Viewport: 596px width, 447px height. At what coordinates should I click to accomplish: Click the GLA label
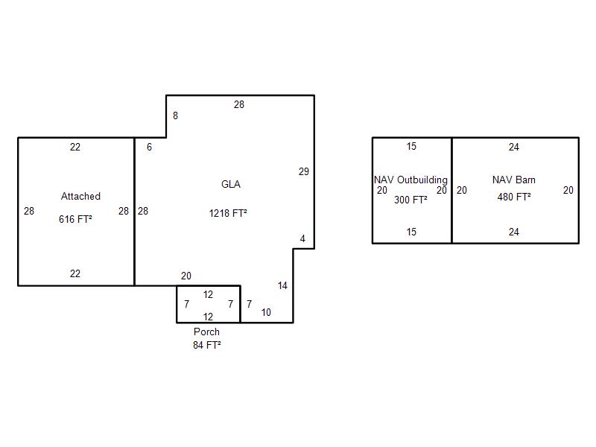point(231,184)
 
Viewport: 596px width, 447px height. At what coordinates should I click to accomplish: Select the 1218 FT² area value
point(228,213)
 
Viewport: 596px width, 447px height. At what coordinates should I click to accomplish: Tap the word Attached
point(80,196)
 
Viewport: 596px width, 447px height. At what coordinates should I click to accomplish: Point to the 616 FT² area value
point(75,219)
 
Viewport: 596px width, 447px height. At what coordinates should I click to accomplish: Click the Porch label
point(206,332)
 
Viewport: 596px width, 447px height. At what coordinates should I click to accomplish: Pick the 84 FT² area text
point(207,345)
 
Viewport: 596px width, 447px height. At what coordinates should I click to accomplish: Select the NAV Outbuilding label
point(411,180)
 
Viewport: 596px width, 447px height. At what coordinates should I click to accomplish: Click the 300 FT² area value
point(410,200)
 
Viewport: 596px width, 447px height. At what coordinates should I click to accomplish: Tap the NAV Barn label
point(514,180)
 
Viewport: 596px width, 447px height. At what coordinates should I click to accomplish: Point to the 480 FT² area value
point(514,197)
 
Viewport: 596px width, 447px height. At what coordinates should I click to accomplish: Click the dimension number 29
point(304,172)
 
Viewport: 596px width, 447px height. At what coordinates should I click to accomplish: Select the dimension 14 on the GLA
point(282,286)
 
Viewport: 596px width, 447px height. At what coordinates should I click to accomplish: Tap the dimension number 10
point(266,312)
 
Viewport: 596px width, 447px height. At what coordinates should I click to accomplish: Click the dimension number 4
point(302,238)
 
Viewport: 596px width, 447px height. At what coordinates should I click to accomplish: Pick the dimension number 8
point(175,115)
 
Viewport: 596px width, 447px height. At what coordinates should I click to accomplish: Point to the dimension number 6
point(150,147)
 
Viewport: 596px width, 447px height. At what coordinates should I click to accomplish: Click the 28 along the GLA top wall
point(239,104)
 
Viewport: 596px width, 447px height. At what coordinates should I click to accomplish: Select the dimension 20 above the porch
point(186,276)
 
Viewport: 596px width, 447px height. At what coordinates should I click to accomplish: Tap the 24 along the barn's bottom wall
point(514,232)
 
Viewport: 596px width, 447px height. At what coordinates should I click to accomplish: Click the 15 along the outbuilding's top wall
point(411,146)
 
